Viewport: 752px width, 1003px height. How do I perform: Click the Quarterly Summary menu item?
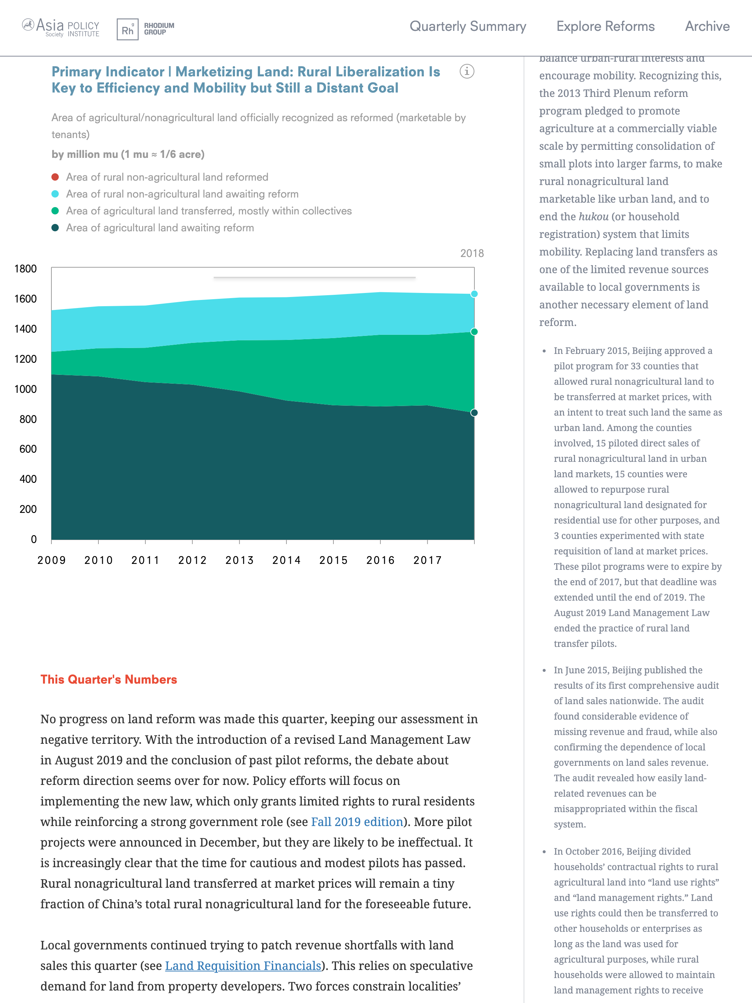click(468, 26)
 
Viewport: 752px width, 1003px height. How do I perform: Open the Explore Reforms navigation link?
click(605, 26)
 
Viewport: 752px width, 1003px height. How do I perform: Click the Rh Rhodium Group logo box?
click(127, 29)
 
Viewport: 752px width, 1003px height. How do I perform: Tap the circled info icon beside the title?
click(467, 71)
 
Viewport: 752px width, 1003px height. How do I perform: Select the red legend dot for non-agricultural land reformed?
click(55, 177)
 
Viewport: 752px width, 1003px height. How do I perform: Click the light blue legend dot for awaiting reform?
click(55, 194)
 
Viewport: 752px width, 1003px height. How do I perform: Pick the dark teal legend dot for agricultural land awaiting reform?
click(55, 228)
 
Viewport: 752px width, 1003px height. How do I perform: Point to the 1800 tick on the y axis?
click(25, 269)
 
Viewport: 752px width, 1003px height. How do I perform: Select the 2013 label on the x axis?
click(239, 561)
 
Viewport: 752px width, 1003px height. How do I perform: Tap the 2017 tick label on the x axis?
click(427, 561)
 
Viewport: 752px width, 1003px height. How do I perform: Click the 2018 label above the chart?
click(472, 253)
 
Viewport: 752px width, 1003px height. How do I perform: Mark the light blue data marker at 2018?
click(474, 294)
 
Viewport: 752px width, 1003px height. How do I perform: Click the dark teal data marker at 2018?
click(474, 413)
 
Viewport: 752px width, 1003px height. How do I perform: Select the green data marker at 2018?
click(474, 332)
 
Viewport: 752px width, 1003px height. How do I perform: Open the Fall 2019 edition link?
click(357, 822)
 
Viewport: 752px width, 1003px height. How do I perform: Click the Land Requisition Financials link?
click(243, 966)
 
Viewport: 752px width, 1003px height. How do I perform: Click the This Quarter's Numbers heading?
click(109, 679)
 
